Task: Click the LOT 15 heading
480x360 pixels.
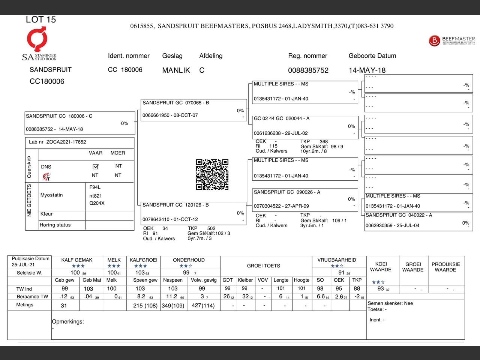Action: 40,19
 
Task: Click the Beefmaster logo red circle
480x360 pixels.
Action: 434,40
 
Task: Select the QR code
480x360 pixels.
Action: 212,174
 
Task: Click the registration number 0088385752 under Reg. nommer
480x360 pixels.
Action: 308,70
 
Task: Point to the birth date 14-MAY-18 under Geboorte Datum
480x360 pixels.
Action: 367,70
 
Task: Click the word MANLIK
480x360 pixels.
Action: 176,70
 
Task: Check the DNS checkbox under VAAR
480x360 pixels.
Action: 95,166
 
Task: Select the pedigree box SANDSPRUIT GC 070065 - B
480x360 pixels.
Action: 194,110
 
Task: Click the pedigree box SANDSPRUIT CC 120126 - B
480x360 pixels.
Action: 194,213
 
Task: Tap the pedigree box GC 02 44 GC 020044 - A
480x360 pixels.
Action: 305,127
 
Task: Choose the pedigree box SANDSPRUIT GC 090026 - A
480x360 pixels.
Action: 305,199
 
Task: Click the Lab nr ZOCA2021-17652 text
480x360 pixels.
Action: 57,142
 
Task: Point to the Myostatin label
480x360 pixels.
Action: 52,195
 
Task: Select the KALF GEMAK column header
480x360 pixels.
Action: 77,260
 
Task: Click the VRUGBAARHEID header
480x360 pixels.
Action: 337,260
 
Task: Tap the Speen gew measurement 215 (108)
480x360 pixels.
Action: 145,306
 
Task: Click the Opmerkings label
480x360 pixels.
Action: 68,321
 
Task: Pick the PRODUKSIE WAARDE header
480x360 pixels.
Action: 445,267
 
